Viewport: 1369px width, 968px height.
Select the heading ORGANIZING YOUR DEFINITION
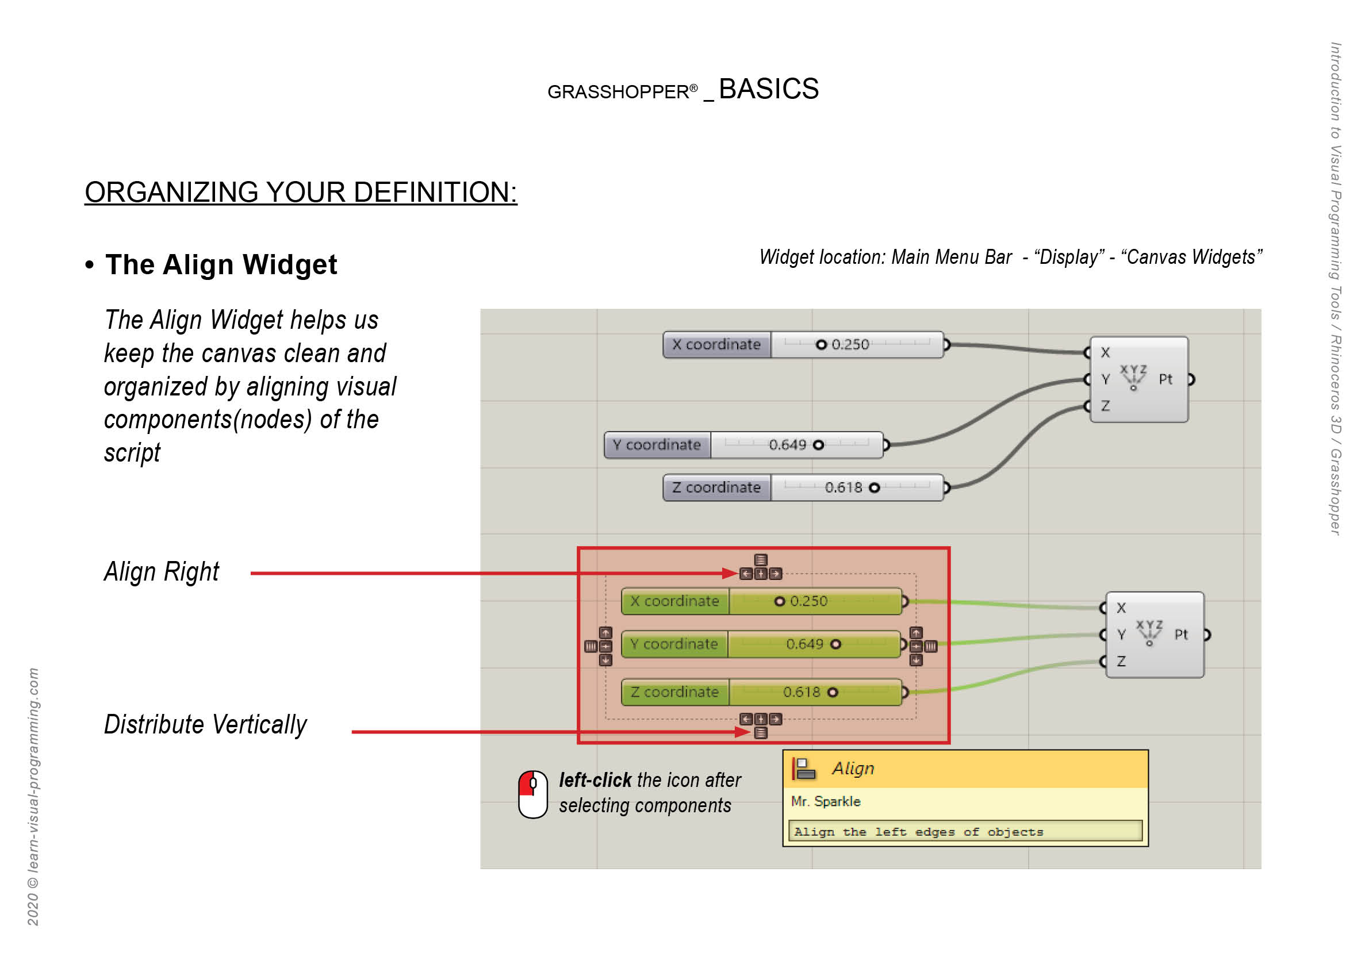tap(301, 193)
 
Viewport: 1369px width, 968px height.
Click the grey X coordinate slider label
tap(716, 344)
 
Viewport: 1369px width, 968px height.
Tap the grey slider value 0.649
tap(787, 445)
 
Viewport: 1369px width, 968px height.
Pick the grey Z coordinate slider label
tap(716, 487)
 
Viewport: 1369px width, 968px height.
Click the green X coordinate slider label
tap(674, 601)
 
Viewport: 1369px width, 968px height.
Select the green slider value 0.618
tap(802, 692)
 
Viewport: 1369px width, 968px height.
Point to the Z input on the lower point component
tap(1121, 661)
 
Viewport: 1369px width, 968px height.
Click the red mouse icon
tap(532, 794)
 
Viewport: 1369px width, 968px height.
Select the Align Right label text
tap(162, 571)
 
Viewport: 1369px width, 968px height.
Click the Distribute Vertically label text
tap(205, 725)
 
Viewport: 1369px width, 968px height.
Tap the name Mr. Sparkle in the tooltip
tap(825, 801)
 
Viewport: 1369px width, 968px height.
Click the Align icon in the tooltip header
tap(803, 769)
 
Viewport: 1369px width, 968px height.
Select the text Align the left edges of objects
tap(918, 832)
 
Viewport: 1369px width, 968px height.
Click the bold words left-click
tap(595, 779)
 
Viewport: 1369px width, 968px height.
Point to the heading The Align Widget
tap(221, 264)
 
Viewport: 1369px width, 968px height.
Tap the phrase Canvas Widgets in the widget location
tap(1191, 257)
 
